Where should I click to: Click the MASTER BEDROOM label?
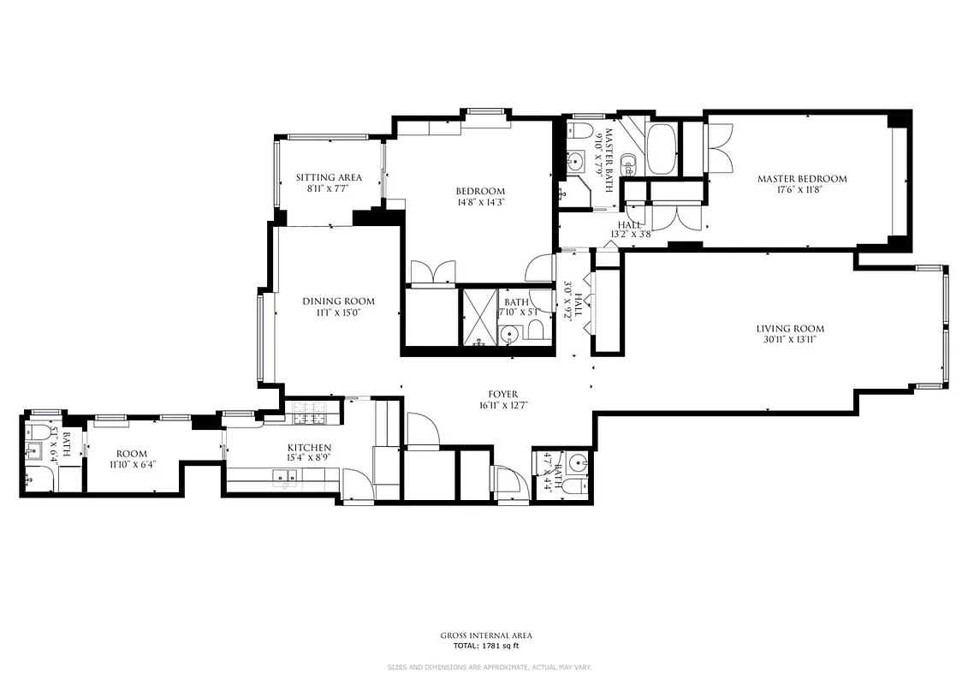pos(801,179)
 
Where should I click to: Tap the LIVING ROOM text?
pos(789,329)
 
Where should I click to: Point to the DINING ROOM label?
pos(338,301)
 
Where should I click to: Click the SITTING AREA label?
pos(329,177)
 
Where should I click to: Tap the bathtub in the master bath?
pos(661,150)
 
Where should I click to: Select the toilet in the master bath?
pos(581,133)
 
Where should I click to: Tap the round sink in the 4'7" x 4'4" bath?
pos(578,464)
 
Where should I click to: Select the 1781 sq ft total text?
pos(485,646)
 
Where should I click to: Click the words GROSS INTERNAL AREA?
pos(485,635)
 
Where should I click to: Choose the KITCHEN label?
pos(309,448)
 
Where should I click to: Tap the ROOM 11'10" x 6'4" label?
pos(132,459)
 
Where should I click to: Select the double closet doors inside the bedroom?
pos(432,273)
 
